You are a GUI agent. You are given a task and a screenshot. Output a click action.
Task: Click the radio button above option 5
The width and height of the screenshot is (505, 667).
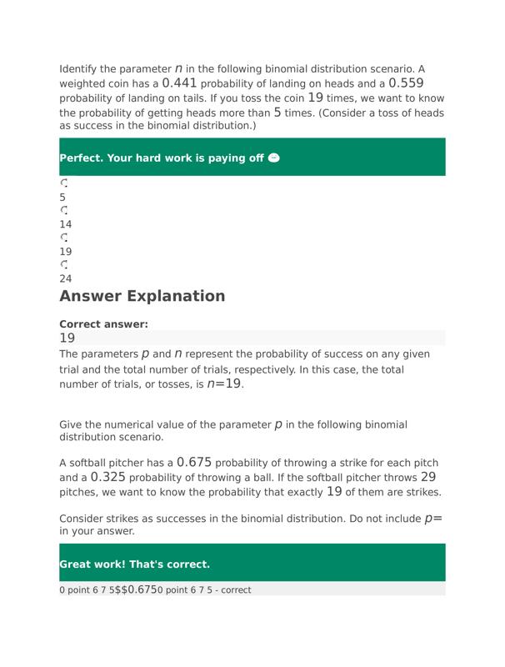point(64,183)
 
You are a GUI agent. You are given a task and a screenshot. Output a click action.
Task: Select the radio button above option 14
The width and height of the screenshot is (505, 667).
point(64,210)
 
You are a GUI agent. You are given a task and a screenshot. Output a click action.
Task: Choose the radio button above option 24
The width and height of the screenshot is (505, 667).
point(64,264)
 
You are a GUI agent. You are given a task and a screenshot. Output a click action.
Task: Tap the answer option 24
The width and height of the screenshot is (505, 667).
point(66,278)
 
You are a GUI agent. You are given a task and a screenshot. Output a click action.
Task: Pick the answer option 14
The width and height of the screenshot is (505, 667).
point(66,224)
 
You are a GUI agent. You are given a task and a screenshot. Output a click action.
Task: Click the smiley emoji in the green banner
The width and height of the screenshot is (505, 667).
point(275,158)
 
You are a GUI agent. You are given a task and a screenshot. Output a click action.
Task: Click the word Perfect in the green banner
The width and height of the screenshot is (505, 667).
point(80,158)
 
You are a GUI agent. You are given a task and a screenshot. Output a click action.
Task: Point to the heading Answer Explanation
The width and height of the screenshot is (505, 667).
point(142,296)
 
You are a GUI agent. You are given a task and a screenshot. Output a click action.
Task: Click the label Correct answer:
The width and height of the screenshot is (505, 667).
point(103,324)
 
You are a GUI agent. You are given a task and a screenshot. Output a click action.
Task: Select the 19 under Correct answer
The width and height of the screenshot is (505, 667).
point(67,338)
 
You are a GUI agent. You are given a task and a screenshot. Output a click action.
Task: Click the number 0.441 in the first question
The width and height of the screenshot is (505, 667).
point(180,83)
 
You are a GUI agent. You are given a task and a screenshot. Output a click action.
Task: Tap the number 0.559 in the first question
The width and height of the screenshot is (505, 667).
point(406,83)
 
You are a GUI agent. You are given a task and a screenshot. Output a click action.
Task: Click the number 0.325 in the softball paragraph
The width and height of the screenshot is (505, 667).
point(108,477)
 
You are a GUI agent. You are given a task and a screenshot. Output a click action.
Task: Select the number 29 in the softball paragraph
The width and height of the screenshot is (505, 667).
point(428,477)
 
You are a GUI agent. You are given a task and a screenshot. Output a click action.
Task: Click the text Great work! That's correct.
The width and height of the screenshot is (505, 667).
point(134,564)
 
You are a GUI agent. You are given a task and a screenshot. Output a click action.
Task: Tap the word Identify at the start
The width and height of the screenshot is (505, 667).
point(81,68)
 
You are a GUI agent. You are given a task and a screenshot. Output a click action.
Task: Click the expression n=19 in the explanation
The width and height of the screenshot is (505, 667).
point(224,384)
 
